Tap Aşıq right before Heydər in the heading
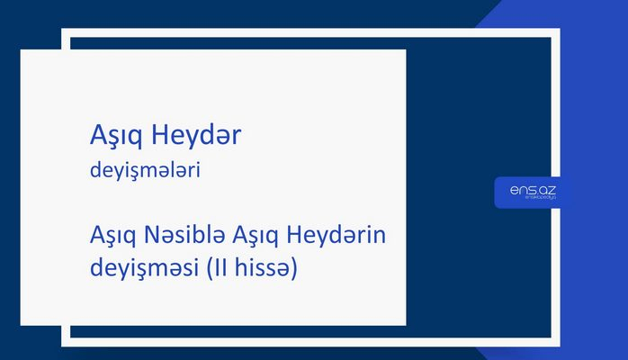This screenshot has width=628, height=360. coord(117,137)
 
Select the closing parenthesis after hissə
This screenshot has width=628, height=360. coord(292,268)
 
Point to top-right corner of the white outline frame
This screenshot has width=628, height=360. coord(558,31)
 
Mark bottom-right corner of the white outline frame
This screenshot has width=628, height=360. coord(558,343)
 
